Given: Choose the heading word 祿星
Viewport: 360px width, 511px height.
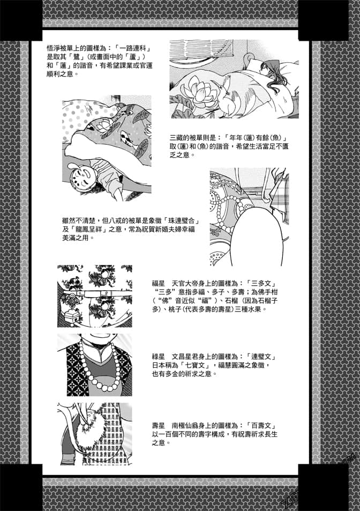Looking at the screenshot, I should click(159, 357).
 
